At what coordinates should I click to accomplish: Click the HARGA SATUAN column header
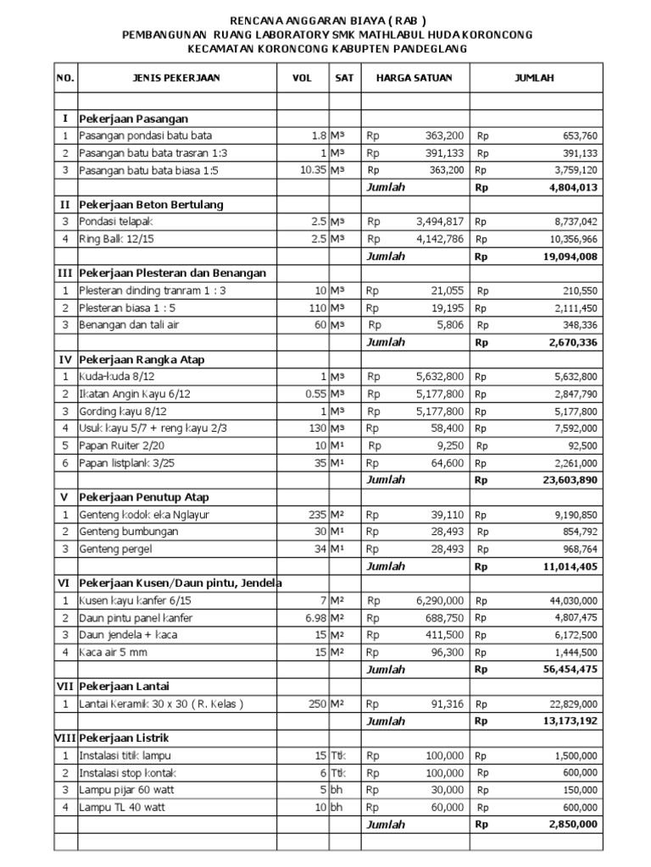point(414,78)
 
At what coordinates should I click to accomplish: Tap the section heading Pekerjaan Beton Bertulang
point(152,205)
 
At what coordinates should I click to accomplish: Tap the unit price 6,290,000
point(439,600)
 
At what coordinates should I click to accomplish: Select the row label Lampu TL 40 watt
point(122,807)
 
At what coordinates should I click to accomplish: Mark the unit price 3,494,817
point(439,222)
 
